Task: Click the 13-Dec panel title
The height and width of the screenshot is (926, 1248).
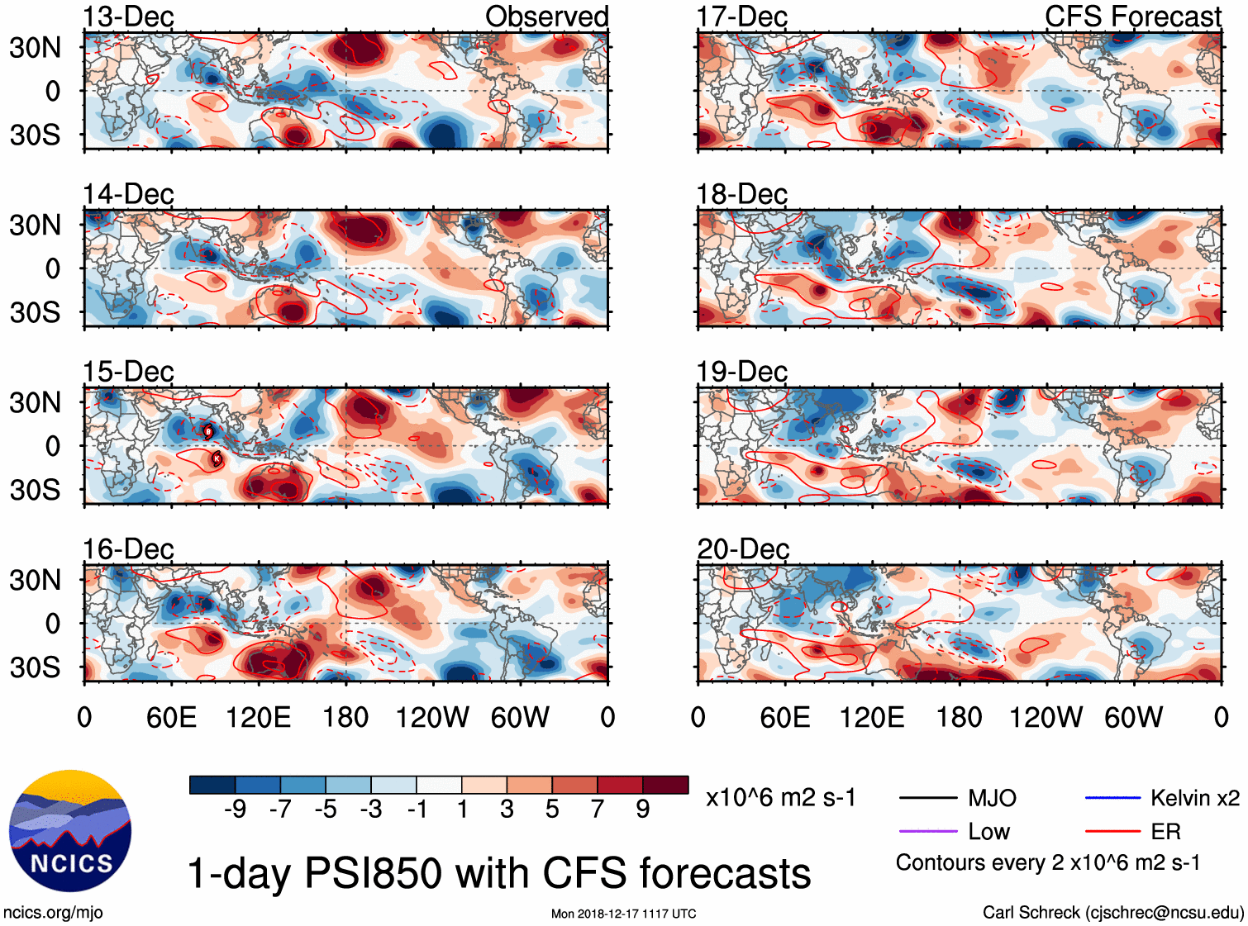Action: [x=128, y=17]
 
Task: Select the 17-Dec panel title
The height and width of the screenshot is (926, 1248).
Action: [x=741, y=17]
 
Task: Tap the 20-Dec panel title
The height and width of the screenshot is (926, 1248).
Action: [x=742, y=549]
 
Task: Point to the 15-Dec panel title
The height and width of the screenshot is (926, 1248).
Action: [x=128, y=372]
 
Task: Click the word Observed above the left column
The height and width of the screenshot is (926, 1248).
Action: [x=546, y=17]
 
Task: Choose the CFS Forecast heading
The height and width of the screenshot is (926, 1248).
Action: [x=1132, y=17]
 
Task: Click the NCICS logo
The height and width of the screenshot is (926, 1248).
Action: [x=70, y=831]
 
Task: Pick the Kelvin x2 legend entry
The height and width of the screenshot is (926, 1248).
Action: [x=1162, y=798]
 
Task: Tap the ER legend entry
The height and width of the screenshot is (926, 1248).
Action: [x=1133, y=832]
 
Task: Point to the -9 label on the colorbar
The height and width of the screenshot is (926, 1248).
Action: [x=236, y=810]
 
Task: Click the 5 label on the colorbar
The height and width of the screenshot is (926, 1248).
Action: [x=552, y=810]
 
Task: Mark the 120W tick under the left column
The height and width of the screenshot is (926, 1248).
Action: [x=432, y=717]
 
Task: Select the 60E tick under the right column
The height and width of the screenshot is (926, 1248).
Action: [x=784, y=717]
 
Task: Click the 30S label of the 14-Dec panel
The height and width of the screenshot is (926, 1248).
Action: [x=35, y=312]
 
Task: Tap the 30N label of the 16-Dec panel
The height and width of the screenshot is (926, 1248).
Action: [x=35, y=580]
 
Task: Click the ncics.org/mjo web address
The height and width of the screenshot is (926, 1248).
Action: [x=53, y=912]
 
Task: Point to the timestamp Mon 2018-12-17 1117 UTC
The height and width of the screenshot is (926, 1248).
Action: [x=623, y=914]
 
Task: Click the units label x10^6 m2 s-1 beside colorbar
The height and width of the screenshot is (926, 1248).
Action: [x=780, y=798]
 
